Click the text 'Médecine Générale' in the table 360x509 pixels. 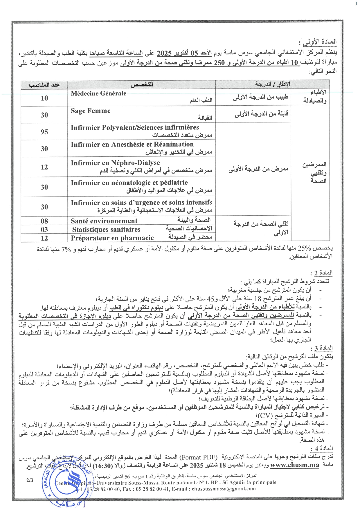click(98, 93)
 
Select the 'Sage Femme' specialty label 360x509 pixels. click(91, 111)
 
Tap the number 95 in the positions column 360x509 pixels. click(44, 132)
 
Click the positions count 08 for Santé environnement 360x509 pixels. click(44, 221)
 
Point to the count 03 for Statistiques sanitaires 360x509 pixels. click(44, 230)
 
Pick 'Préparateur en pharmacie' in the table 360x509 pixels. click(112, 238)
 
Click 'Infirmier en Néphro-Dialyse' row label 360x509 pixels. click(115, 163)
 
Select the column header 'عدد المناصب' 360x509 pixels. click(44, 85)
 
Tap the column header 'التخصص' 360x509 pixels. click(142, 85)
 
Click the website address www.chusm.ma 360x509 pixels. click(294, 465)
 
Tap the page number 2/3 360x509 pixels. click(30, 480)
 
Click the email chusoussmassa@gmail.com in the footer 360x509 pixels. click(224, 489)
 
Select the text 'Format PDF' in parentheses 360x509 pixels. click(198, 457)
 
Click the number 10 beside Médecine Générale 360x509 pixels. click(44, 98)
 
